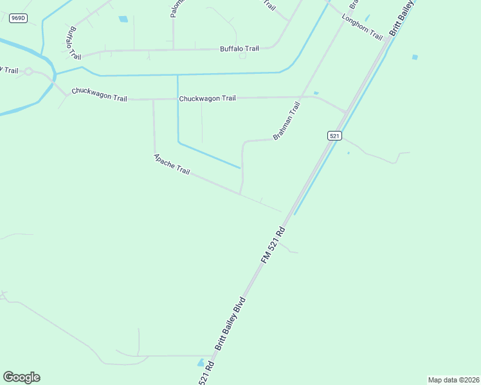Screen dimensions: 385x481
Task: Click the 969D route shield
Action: (x=18, y=18)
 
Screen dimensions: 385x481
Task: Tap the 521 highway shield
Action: (x=334, y=135)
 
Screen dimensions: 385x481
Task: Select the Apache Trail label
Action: (x=172, y=164)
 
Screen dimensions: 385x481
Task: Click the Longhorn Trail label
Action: (x=363, y=26)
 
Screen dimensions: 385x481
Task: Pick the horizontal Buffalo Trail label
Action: (x=239, y=48)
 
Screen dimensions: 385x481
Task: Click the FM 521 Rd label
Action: (x=273, y=243)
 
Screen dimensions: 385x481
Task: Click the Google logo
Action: (x=21, y=377)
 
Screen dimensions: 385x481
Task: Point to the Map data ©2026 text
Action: (x=453, y=380)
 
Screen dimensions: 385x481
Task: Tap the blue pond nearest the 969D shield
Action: (x=123, y=19)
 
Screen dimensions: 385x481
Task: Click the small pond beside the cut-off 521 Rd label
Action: (x=201, y=363)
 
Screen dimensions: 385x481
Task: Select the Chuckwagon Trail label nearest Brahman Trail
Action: (x=207, y=98)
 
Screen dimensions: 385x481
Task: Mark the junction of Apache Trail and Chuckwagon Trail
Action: (x=153, y=99)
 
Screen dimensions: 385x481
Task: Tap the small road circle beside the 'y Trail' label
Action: (x=28, y=71)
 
